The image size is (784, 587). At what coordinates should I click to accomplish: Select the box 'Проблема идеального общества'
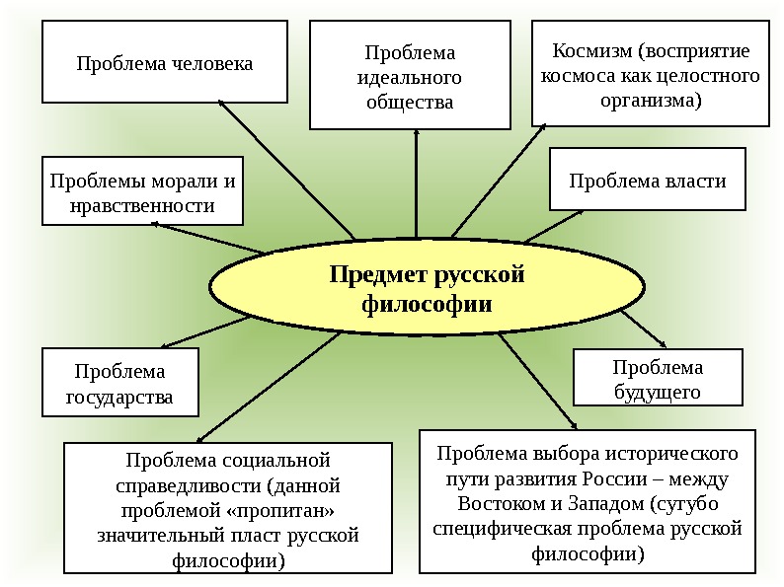click(415, 77)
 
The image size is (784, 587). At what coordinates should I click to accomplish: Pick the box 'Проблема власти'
click(647, 180)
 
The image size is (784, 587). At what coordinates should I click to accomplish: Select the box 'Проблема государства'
click(119, 385)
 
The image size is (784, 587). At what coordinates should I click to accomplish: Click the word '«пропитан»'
click(287, 510)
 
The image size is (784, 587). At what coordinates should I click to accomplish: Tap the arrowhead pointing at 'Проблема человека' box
click(222, 101)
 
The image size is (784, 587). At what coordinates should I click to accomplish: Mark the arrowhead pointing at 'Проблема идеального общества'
click(415, 133)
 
